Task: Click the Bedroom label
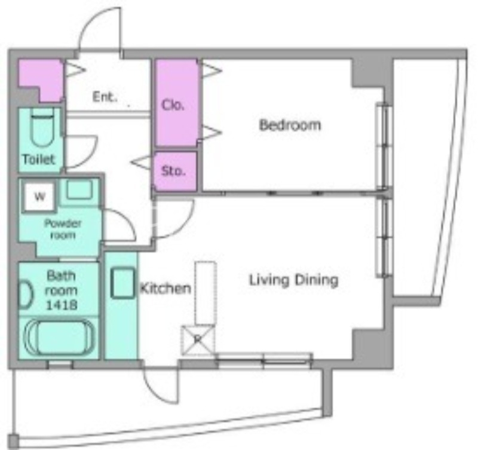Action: pyautogui.click(x=290, y=125)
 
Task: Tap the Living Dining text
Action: pyautogui.click(x=294, y=280)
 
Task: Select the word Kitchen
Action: pyautogui.click(x=166, y=288)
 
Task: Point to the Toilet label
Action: pyautogui.click(x=39, y=159)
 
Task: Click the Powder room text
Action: pyautogui.click(x=63, y=229)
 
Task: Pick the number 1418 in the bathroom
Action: pyautogui.click(x=62, y=305)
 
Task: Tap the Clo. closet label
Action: pyautogui.click(x=173, y=105)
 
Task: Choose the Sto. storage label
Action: pyautogui.click(x=173, y=171)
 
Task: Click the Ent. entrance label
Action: pyautogui.click(x=105, y=97)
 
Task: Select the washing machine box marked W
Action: pyautogui.click(x=39, y=196)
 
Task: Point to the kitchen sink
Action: pyautogui.click(x=122, y=283)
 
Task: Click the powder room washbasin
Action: pyautogui.click(x=79, y=189)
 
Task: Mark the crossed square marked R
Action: pyautogui.click(x=198, y=340)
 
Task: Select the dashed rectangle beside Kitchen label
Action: pyautogui.click(x=206, y=293)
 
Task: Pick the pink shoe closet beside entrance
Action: pyautogui.click(x=41, y=80)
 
